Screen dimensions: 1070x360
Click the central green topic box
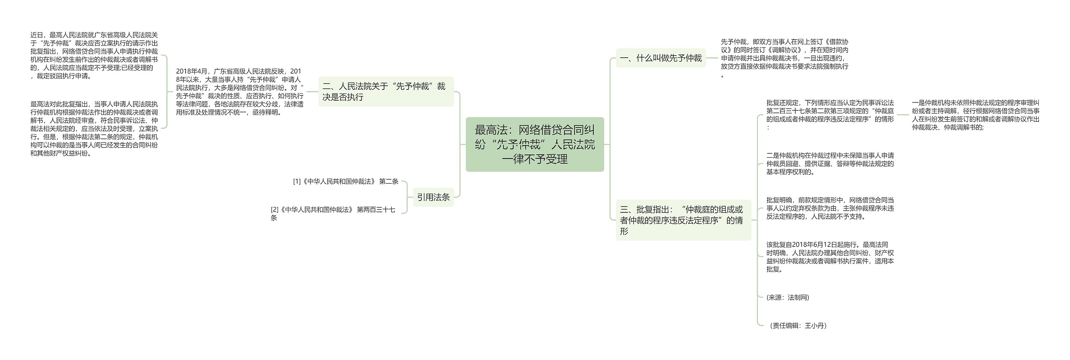pyautogui.click(x=535, y=144)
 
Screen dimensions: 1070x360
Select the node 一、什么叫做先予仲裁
pyautogui.click(x=660, y=58)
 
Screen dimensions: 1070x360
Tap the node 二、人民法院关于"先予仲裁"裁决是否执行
pyautogui.click(x=385, y=92)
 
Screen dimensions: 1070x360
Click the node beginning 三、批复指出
pyautogui.click(x=683, y=220)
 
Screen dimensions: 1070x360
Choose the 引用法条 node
pyautogui.click(x=433, y=197)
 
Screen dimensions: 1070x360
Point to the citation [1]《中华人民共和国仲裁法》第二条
pyautogui.click(x=346, y=181)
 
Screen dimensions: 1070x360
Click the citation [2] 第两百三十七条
pyautogui.click(x=333, y=214)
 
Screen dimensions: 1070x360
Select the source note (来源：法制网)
pyautogui.click(x=788, y=297)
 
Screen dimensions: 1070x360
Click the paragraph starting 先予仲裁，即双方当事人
pyautogui.click(x=785, y=58)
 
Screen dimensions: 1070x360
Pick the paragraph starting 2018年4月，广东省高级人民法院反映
pyautogui.click(x=239, y=92)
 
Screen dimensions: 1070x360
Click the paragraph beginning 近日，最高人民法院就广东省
pyautogui.click(x=94, y=55)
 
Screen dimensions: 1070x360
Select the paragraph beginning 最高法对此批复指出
pyautogui.click(x=94, y=128)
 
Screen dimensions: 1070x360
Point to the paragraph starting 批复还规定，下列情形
pyautogui.click(x=830, y=115)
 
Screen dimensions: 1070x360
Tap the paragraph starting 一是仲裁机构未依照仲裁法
pyautogui.click(x=976, y=115)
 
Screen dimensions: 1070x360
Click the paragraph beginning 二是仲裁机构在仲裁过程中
pyautogui.click(x=830, y=163)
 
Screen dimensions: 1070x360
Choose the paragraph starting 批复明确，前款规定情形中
pyautogui.click(x=830, y=208)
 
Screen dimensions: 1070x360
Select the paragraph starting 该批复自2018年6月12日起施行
pyautogui.click(x=830, y=257)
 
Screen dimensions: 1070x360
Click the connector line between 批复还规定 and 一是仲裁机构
pyautogui.click(x=903, y=115)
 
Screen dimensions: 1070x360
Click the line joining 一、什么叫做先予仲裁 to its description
pyautogui.click(x=712, y=58)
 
